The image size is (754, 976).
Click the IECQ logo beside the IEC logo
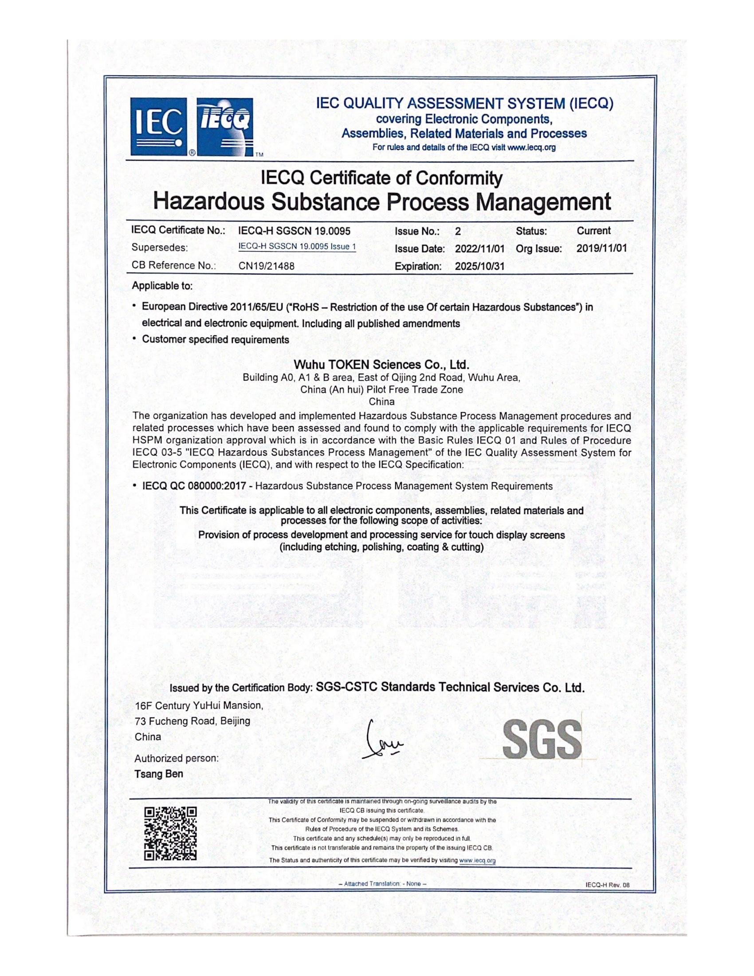(226, 126)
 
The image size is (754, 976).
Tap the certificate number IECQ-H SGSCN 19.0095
(295, 231)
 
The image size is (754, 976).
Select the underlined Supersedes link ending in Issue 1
(297, 247)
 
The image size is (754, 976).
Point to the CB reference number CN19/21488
(266, 266)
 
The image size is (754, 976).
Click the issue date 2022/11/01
(479, 249)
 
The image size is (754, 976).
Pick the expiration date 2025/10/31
(479, 266)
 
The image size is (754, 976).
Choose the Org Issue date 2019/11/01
(601, 248)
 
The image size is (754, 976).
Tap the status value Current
(593, 231)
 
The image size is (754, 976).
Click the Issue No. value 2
(457, 232)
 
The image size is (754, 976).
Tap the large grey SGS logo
(542, 740)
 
